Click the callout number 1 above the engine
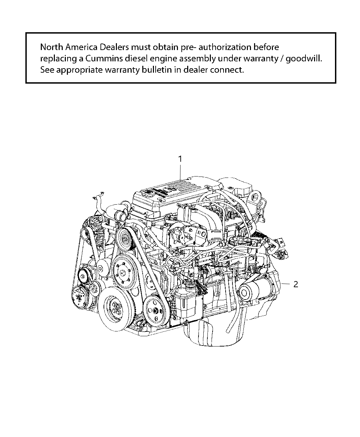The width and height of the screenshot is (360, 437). (x=180, y=159)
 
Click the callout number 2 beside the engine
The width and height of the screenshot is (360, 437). (x=296, y=284)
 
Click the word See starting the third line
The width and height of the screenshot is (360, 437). (x=47, y=70)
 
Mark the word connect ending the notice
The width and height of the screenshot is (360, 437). (x=228, y=70)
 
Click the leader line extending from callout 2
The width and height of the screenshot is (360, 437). (x=285, y=284)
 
